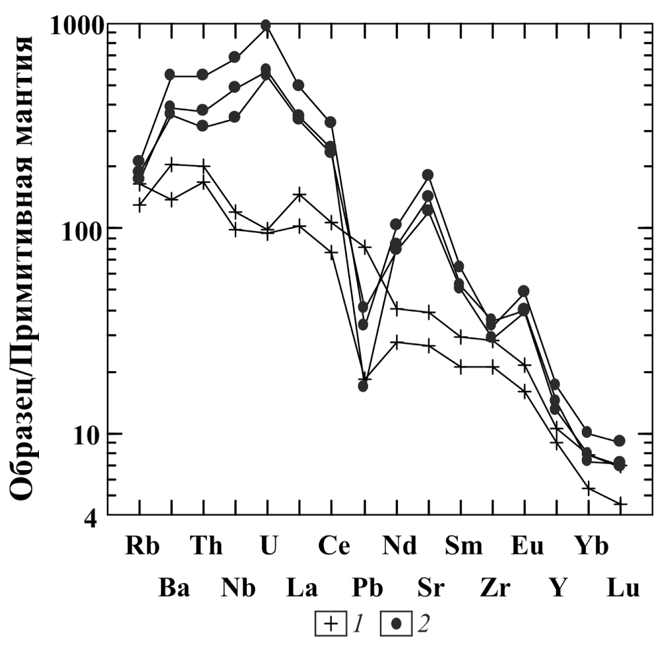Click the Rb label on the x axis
(x=142, y=547)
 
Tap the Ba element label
(x=174, y=588)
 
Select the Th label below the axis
(x=207, y=547)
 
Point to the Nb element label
(x=238, y=588)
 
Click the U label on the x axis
(x=267, y=547)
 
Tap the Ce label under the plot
(x=334, y=547)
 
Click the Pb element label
(x=367, y=588)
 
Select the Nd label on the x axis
(x=399, y=547)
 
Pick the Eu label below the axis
(x=527, y=547)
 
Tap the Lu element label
(x=623, y=588)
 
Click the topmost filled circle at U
(x=266, y=25)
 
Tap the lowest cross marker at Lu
(x=621, y=504)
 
